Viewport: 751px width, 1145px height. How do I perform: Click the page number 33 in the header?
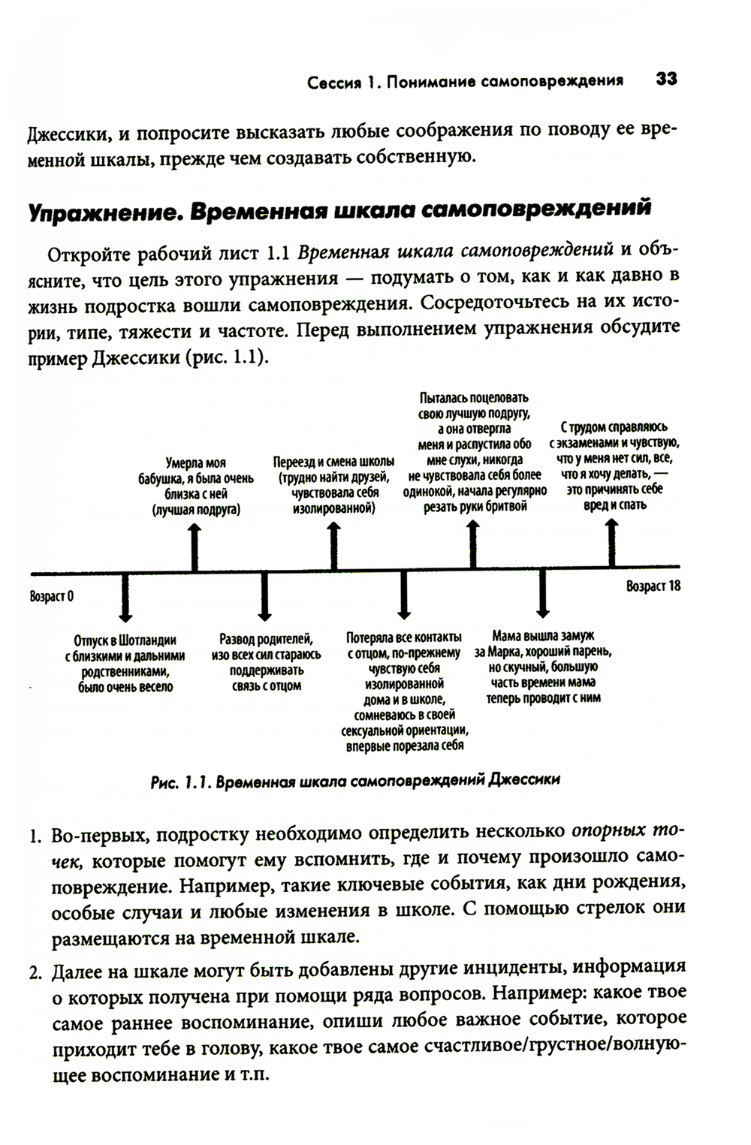tap(666, 79)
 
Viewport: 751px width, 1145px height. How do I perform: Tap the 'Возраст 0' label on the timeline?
tap(52, 597)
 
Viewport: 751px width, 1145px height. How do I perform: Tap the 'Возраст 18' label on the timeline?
tap(653, 586)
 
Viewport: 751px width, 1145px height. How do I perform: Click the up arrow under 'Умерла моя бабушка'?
tap(195, 547)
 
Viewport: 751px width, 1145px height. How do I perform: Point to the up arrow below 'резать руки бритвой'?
tap(473, 544)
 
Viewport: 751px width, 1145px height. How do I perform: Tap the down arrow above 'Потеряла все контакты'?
tap(404, 596)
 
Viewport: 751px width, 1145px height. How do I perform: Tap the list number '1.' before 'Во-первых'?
tap(36, 836)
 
